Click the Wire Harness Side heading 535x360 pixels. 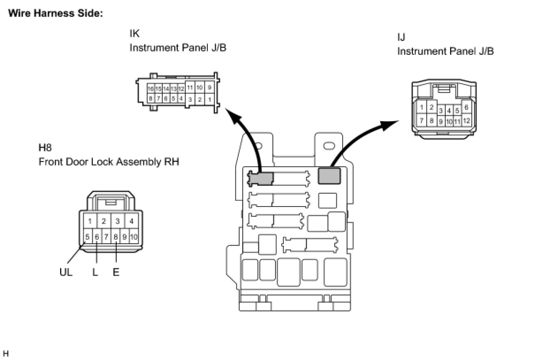[56, 13]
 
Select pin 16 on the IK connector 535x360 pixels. [150, 89]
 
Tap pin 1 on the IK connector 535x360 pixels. [210, 100]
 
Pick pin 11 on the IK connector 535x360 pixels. [190, 88]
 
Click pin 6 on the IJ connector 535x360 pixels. [466, 107]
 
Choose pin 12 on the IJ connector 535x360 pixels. [466, 121]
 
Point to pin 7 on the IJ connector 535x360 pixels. [421, 120]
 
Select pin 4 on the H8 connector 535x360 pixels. [131, 221]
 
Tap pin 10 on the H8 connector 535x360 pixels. [134, 237]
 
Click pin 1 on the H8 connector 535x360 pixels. [90, 221]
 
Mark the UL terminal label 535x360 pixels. [66, 272]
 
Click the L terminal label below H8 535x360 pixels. [96, 272]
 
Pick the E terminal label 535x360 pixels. [116, 272]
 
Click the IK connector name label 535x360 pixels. [134, 34]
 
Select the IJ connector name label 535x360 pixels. [401, 37]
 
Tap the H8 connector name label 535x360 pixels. [45, 148]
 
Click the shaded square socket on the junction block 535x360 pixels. [329, 176]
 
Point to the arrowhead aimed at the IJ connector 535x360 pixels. [389, 125]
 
